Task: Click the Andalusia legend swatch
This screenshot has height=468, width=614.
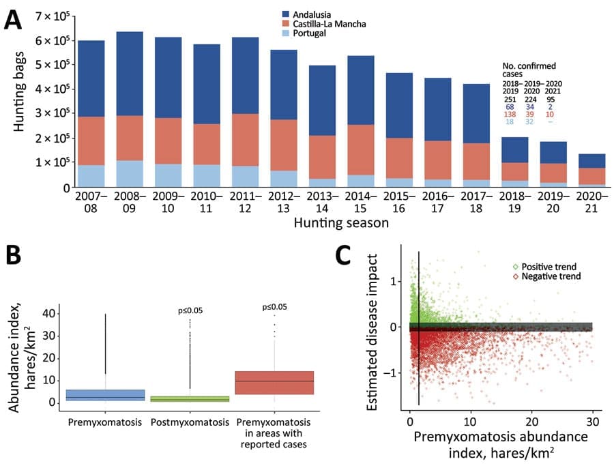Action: tap(286, 14)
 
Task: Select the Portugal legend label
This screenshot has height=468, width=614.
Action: tap(309, 33)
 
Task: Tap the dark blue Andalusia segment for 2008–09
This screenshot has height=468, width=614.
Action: tap(130, 74)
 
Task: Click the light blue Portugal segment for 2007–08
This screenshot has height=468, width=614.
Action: tap(91, 176)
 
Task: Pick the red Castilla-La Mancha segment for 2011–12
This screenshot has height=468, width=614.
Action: tap(246, 140)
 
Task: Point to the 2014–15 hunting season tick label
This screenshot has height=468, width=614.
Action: tap(361, 202)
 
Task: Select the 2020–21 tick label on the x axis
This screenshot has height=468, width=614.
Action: tap(591, 202)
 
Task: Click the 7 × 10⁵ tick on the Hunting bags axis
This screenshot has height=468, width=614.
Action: tap(53, 17)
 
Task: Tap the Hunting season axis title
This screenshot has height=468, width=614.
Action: tap(341, 223)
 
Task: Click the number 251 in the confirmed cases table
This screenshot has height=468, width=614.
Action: tap(510, 100)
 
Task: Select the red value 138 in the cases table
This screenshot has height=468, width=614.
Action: tap(510, 115)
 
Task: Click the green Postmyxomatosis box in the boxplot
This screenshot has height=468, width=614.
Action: tap(190, 398)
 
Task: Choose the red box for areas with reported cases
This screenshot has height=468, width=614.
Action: tap(274, 383)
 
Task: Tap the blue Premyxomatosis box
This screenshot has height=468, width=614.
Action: tap(105, 395)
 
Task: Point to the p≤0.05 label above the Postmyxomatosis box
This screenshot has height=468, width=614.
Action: tap(190, 311)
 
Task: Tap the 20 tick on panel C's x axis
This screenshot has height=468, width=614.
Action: tap(531, 422)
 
